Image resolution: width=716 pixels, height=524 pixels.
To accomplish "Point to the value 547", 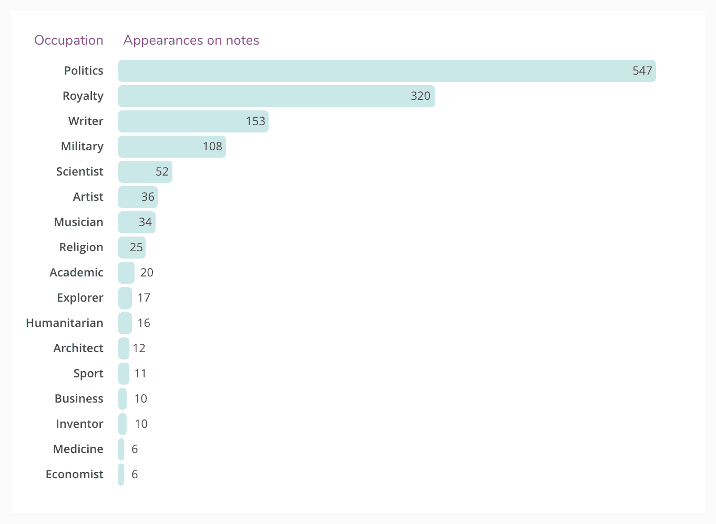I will [x=642, y=71].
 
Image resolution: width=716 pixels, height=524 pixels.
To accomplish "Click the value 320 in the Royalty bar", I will [x=420, y=96].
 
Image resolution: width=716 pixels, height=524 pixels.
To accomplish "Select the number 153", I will [x=255, y=121].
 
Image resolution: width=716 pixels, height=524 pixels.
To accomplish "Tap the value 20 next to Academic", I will [x=147, y=273].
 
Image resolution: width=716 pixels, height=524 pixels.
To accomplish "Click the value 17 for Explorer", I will [x=144, y=298].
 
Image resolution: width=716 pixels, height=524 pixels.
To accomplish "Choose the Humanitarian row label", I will [x=65, y=323].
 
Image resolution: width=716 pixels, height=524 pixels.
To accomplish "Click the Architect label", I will [x=78, y=348].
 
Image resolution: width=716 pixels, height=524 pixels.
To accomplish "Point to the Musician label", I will [x=78, y=222].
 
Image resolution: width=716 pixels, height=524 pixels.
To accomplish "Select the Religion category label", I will [x=81, y=248].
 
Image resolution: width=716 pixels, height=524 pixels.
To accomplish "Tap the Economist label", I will [x=75, y=475].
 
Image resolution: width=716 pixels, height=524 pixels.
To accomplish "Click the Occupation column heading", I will [x=69, y=40].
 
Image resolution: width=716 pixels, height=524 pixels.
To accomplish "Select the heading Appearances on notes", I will [x=191, y=40].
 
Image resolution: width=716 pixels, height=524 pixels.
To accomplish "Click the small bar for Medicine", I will [x=121, y=449].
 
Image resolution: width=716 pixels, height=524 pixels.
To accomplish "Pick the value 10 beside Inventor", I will [x=141, y=424].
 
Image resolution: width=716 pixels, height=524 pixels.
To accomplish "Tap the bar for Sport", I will [x=124, y=374].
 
